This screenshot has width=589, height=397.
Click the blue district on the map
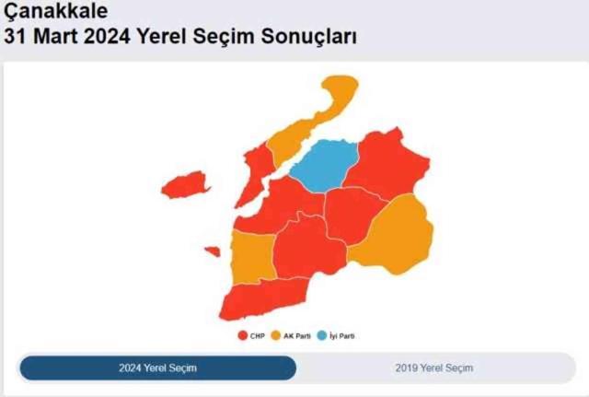point(325,165)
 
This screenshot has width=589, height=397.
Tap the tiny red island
point(213,251)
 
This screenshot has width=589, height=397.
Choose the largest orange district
point(395,234)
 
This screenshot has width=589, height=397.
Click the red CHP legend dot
point(242,336)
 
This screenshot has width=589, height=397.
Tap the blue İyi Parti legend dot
point(321,336)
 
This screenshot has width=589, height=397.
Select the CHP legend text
point(257,336)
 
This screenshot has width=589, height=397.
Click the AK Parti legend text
point(295,336)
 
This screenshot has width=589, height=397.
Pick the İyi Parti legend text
point(341,336)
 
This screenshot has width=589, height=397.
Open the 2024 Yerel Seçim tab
point(157,368)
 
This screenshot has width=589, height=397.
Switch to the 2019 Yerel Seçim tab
point(434,368)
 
